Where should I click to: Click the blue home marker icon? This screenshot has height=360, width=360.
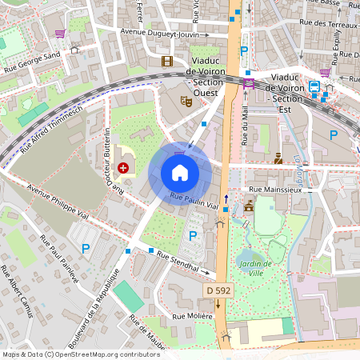click(180, 172)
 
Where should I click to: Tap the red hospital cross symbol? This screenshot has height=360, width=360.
click(124, 167)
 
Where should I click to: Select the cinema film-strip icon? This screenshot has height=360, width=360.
click(166, 61)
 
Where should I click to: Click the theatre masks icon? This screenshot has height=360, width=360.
click(186, 101)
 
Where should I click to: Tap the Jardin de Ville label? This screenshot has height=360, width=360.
click(256, 268)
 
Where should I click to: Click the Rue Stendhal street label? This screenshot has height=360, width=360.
click(178, 263)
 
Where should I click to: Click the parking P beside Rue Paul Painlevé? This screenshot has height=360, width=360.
click(86, 249)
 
